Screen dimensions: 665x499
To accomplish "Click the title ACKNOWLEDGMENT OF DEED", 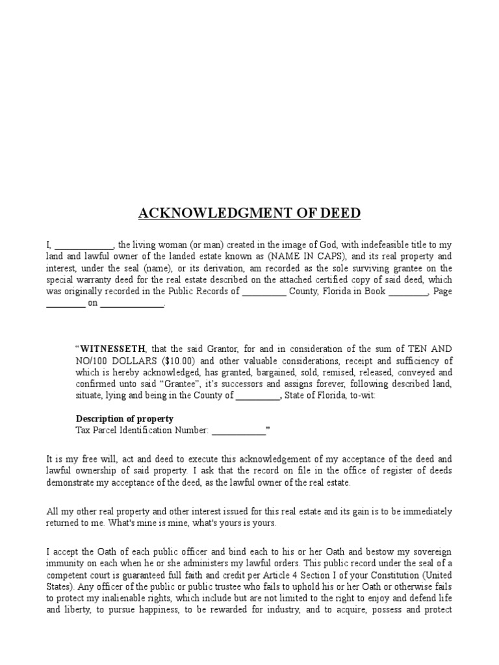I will tap(249, 214).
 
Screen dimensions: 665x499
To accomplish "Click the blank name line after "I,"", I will tap(84, 245).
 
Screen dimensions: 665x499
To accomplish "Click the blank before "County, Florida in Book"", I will tap(264, 292).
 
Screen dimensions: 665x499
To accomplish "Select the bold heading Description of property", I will tap(125, 418).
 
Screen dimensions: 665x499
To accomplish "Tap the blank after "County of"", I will tap(257, 395).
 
